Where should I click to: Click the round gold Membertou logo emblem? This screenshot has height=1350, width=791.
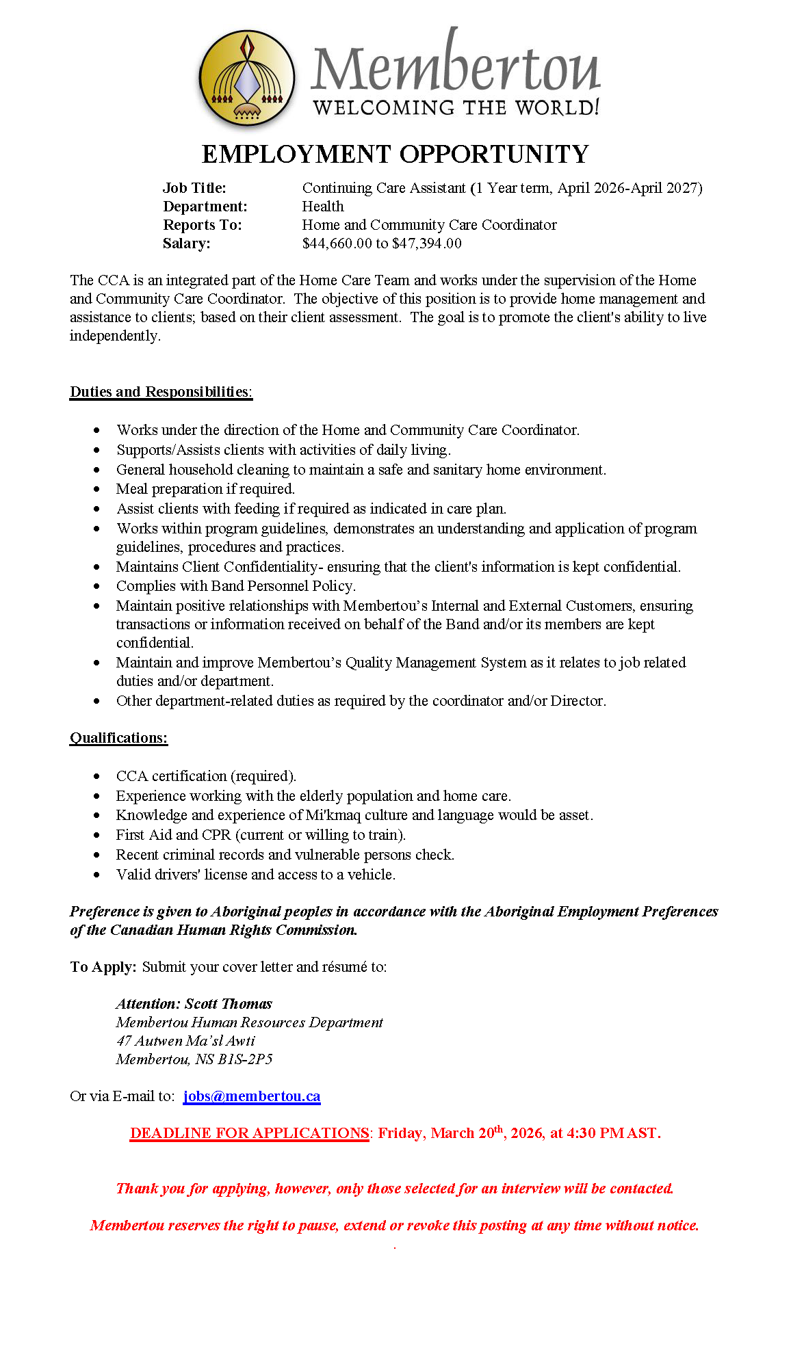(246, 77)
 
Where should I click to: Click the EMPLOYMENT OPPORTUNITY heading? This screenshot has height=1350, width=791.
(395, 155)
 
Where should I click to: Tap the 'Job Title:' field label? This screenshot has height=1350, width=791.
(194, 188)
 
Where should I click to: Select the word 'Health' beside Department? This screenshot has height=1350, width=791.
(323, 207)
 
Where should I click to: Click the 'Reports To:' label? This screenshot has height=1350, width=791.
(203, 225)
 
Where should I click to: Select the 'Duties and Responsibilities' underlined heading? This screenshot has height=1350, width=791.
(161, 392)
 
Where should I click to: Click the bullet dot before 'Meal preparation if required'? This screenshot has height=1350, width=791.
(98, 490)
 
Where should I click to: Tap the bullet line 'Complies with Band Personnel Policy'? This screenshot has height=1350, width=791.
(235, 586)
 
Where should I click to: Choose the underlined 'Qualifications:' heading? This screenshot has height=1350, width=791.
(118, 738)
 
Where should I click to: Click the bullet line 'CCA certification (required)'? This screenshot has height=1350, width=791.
(206, 776)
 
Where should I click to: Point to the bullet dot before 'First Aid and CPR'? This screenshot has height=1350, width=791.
(98, 836)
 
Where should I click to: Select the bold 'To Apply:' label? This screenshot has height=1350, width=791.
(103, 967)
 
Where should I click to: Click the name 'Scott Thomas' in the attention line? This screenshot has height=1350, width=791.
(229, 1004)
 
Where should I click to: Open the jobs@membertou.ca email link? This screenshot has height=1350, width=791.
(252, 1096)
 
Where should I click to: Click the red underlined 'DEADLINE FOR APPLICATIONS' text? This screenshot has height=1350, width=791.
(250, 1133)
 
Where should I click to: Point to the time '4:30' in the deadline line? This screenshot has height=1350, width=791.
(582, 1133)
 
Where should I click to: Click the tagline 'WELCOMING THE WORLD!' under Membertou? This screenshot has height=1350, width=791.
(456, 108)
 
